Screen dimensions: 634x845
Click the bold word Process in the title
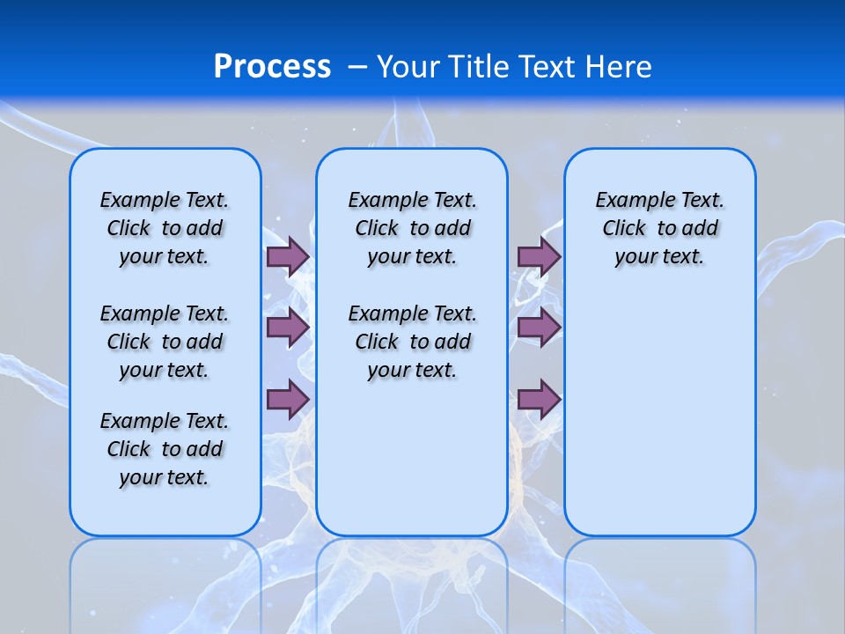pyautogui.click(x=272, y=66)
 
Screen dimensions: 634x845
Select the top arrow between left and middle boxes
pyautogui.click(x=288, y=256)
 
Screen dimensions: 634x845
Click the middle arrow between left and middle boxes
pyautogui.click(x=288, y=328)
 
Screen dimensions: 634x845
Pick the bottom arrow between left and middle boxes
pyautogui.click(x=288, y=399)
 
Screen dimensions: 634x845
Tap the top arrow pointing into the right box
pyautogui.click(x=539, y=256)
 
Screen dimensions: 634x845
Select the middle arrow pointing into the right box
pyautogui.click(x=539, y=328)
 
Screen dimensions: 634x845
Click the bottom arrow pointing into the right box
pyautogui.click(x=539, y=399)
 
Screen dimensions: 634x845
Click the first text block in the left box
pyautogui.click(x=165, y=228)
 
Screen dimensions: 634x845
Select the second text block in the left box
pyautogui.click(x=165, y=342)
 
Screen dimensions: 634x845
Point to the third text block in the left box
pyautogui.click(x=165, y=449)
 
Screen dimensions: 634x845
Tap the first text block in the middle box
pyautogui.click(x=412, y=228)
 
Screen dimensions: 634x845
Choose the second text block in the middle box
pyautogui.click(x=412, y=342)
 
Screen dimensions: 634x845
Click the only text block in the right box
pyautogui.click(x=660, y=228)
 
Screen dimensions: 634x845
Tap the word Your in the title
pyautogui.click(x=409, y=66)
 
